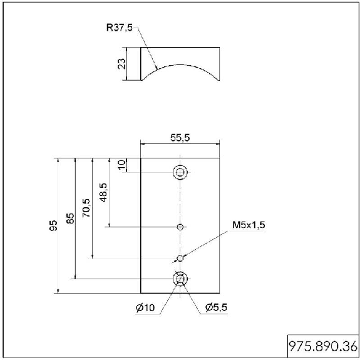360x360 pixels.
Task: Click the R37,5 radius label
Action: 120,28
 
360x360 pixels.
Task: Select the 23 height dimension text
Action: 121,64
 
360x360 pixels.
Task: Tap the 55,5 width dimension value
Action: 180,138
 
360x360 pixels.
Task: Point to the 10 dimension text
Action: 121,165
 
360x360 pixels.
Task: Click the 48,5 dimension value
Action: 103,193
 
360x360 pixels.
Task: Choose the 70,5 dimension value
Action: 86,208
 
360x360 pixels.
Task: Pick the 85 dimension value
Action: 71,219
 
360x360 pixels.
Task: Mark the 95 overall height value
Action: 53,225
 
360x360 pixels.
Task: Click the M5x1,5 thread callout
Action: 249,225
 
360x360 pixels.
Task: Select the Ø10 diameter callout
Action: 145,307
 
